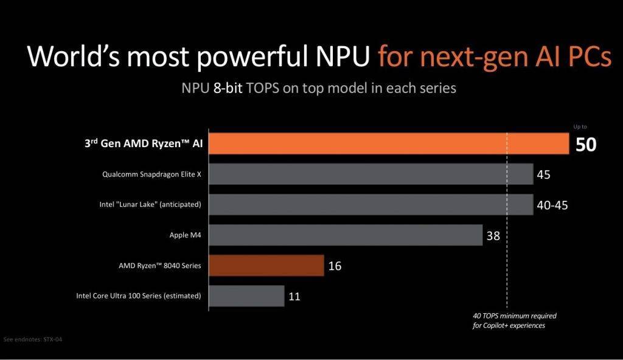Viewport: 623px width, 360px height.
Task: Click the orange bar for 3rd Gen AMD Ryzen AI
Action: coord(389,143)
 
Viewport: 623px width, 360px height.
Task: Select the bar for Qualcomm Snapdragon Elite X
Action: coord(371,175)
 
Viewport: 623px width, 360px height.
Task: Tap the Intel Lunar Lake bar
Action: coord(371,204)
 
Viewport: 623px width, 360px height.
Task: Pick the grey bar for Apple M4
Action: coord(346,235)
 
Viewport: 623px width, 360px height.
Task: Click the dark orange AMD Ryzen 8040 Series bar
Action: coord(266,266)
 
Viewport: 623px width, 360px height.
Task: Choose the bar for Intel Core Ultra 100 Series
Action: coord(247,296)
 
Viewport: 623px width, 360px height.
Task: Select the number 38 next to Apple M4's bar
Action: coord(493,235)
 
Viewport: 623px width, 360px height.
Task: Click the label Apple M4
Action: coord(186,235)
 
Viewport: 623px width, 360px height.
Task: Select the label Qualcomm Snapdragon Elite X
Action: coord(152,175)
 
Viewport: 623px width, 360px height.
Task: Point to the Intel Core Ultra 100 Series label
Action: coord(139,296)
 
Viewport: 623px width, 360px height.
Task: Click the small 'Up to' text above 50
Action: coord(580,126)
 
